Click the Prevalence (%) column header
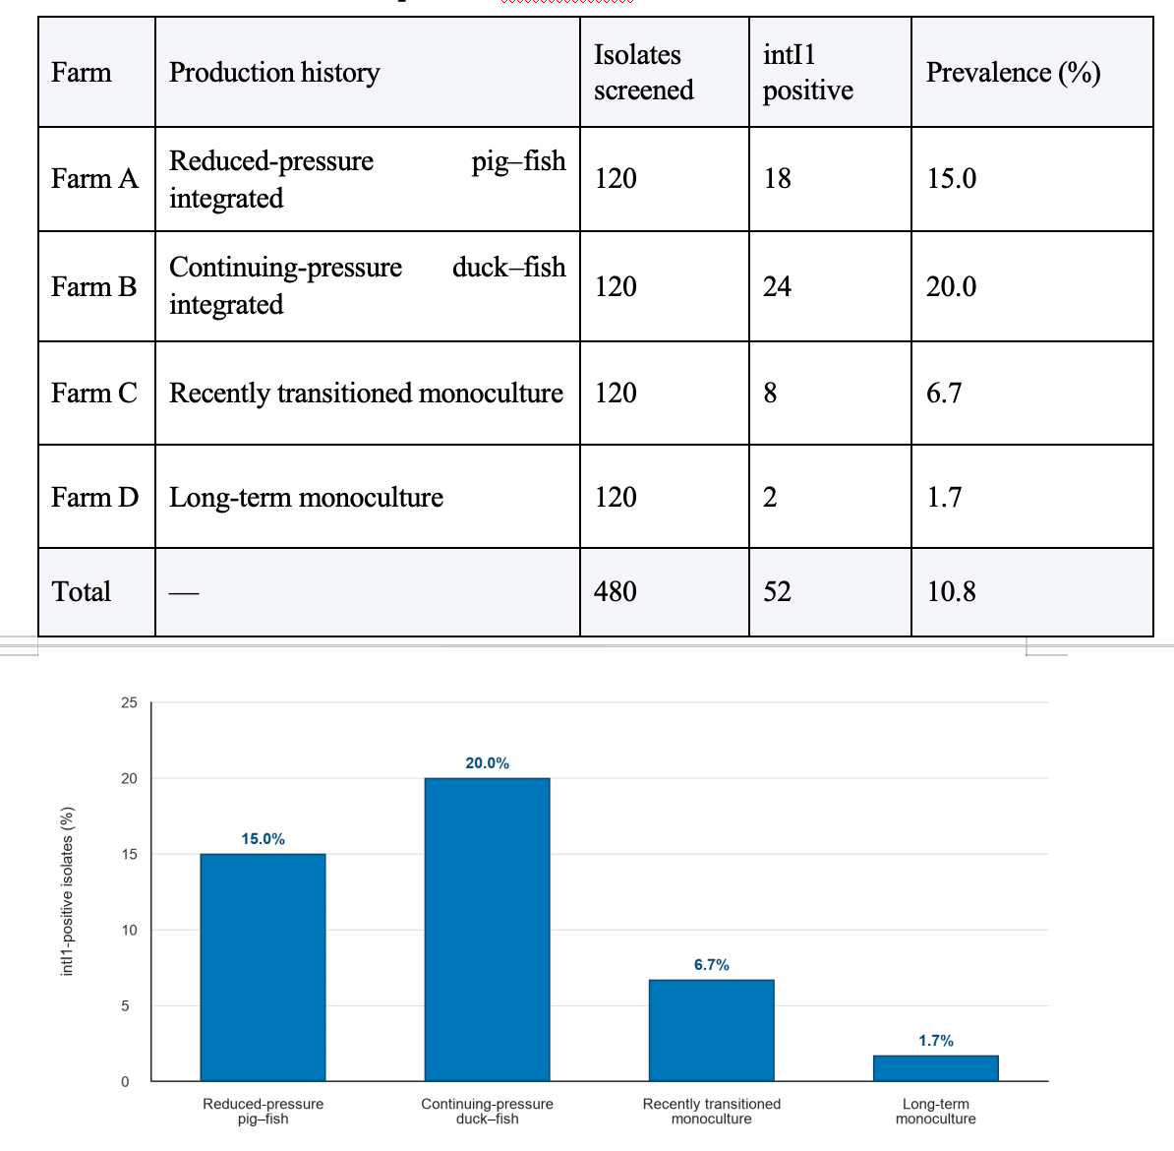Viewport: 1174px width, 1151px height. coord(1013,73)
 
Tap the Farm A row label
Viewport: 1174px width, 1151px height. coord(95,178)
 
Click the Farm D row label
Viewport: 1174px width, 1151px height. coord(95,497)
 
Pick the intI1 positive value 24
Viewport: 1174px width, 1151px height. coord(777,286)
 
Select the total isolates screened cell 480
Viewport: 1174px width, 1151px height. coord(616,591)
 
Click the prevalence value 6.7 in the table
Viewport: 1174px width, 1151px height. coord(944,393)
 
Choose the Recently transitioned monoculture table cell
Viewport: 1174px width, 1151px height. coord(366,394)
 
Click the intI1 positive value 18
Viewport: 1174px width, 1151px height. coord(777,178)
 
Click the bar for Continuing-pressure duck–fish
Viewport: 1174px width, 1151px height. coord(488,930)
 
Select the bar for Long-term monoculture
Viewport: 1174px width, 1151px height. coord(936,1068)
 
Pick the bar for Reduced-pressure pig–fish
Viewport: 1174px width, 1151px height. coord(263,967)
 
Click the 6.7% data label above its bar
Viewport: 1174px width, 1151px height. coord(711,965)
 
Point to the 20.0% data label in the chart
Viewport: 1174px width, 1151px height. coord(488,763)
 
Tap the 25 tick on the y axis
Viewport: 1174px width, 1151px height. coord(130,702)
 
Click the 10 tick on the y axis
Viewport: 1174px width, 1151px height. coord(130,930)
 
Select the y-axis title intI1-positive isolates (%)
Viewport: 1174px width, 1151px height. coord(68,891)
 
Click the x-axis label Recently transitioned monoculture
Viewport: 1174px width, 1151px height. coord(711,1112)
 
